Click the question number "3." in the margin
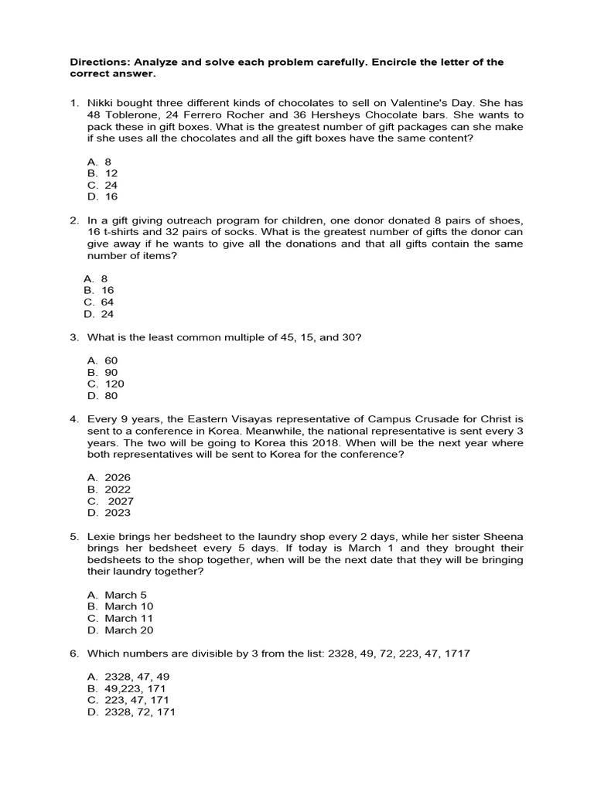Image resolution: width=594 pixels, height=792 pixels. pyautogui.click(x=75, y=337)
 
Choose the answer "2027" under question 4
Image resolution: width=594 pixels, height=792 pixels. pyautogui.click(x=121, y=501)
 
